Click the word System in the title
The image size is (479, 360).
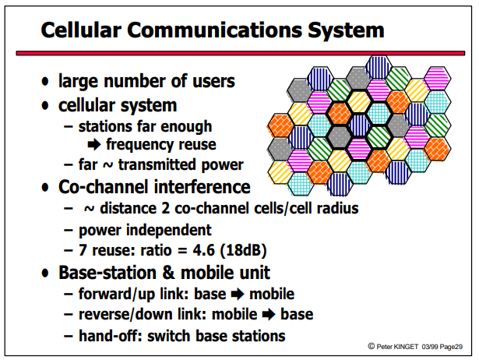coord(346,30)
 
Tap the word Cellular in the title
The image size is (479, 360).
coord(81,30)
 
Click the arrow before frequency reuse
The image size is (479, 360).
coord(94,145)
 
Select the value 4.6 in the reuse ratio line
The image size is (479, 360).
coord(203,250)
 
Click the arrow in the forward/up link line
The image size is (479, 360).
coord(238,295)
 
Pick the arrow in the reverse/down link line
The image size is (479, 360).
coord(269,315)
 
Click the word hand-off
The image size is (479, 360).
coord(111,336)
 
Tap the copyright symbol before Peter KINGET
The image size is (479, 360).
coord(372,346)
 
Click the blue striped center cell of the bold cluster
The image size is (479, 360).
coord(359,125)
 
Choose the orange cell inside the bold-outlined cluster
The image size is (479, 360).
coord(339,114)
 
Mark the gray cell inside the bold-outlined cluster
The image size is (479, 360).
coord(339,136)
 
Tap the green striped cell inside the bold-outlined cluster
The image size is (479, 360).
coord(379,136)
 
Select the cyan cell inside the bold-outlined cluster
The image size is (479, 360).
coord(379,114)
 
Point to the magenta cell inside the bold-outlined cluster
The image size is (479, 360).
coord(359,148)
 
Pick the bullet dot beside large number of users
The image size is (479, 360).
coord(45,82)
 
